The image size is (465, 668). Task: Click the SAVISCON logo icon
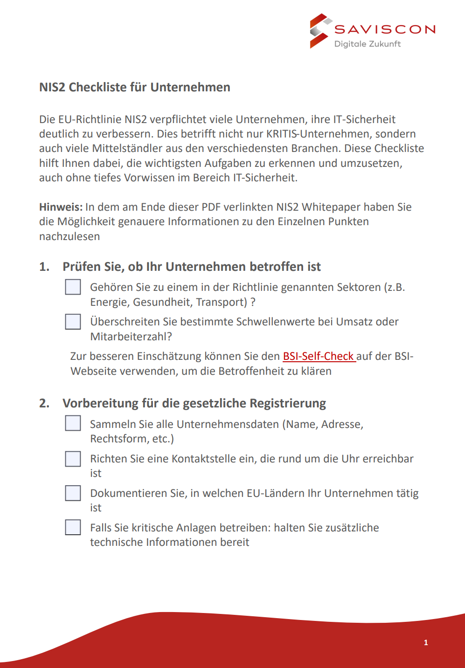(x=320, y=31)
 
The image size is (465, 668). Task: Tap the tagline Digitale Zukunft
(x=368, y=44)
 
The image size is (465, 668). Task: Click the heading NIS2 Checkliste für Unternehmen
(x=135, y=87)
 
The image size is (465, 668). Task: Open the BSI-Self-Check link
(x=319, y=356)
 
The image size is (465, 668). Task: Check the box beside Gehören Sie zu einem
(x=73, y=287)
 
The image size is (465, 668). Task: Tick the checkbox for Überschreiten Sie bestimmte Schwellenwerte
(x=73, y=322)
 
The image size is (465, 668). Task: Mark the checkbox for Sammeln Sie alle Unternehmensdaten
(x=73, y=423)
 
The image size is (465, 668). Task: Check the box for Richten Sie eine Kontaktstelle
(x=73, y=459)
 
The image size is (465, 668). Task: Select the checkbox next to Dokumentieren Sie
(x=73, y=493)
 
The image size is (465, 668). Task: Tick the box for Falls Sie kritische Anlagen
(x=73, y=527)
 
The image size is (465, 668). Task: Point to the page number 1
(x=426, y=642)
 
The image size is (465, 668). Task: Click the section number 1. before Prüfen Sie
(x=44, y=267)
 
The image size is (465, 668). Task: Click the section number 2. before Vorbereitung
(x=44, y=403)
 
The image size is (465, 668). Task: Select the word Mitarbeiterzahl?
(x=131, y=337)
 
